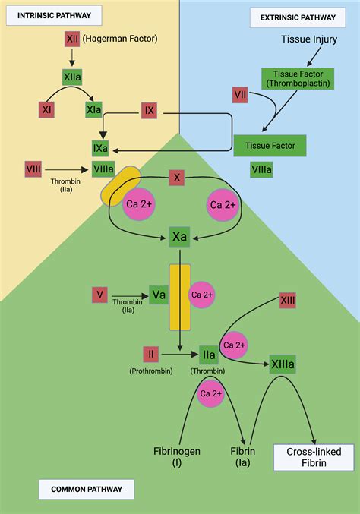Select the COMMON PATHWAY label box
[82, 490]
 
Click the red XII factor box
[72, 36]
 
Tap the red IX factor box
[150, 111]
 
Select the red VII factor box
[241, 95]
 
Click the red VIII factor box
[33, 169]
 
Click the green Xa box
[180, 237]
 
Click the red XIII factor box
[287, 301]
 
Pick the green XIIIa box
[283, 365]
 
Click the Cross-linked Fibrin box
[314, 456]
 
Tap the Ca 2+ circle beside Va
[202, 295]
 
